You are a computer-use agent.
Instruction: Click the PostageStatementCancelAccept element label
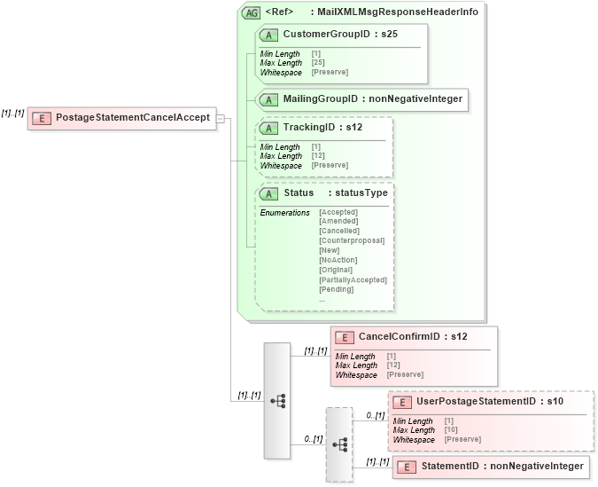click(x=132, y=117)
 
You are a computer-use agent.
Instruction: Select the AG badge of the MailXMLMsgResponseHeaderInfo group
click(x=251, y=12)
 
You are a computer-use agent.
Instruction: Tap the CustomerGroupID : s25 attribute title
click(x=339, y=33)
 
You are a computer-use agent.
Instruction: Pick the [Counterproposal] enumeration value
click(x=351, y=240)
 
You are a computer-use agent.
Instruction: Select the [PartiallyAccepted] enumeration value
click(x=353, y=279)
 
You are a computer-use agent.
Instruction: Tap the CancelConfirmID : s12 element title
click(x=412, y=336)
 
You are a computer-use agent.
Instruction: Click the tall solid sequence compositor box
click(x=276, y=400)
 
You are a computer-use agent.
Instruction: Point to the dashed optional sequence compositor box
click(x=338, y=444)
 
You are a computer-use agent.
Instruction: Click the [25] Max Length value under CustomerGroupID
click(x=316, y=63)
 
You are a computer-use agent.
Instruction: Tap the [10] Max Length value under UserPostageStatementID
click(x=449, y=430)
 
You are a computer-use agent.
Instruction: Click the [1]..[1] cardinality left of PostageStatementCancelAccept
click(x=12, y=113)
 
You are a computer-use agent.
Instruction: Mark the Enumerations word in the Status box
click(x=284, y=212)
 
